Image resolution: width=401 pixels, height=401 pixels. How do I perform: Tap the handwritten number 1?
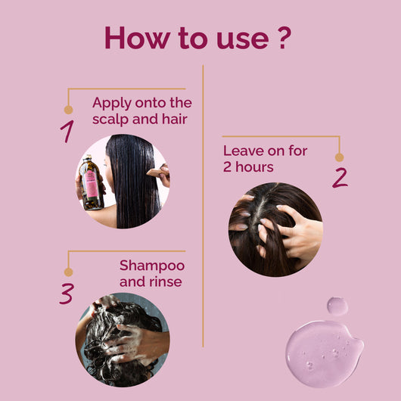pos(68,131)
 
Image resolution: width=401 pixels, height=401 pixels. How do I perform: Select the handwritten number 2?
pos(340,177)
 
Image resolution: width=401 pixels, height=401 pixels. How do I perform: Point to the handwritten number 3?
pos(67,293)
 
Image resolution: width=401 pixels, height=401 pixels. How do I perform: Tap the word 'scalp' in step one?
pos(111,120)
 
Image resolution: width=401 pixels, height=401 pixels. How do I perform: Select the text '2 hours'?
pos(248,167)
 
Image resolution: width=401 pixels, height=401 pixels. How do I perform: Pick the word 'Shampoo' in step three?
pos(151,266)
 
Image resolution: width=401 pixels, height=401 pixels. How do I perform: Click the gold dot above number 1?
pos(68,110)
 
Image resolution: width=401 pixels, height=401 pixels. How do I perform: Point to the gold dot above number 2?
pos(339,157)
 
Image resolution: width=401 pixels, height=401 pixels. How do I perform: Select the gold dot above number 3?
pos(68,272)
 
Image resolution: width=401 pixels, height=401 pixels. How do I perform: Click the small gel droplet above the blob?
pos(337,306)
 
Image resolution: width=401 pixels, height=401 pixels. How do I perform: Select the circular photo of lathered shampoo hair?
pos(123,340)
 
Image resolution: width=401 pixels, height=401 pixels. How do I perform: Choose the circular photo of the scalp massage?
pos(275,228)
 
